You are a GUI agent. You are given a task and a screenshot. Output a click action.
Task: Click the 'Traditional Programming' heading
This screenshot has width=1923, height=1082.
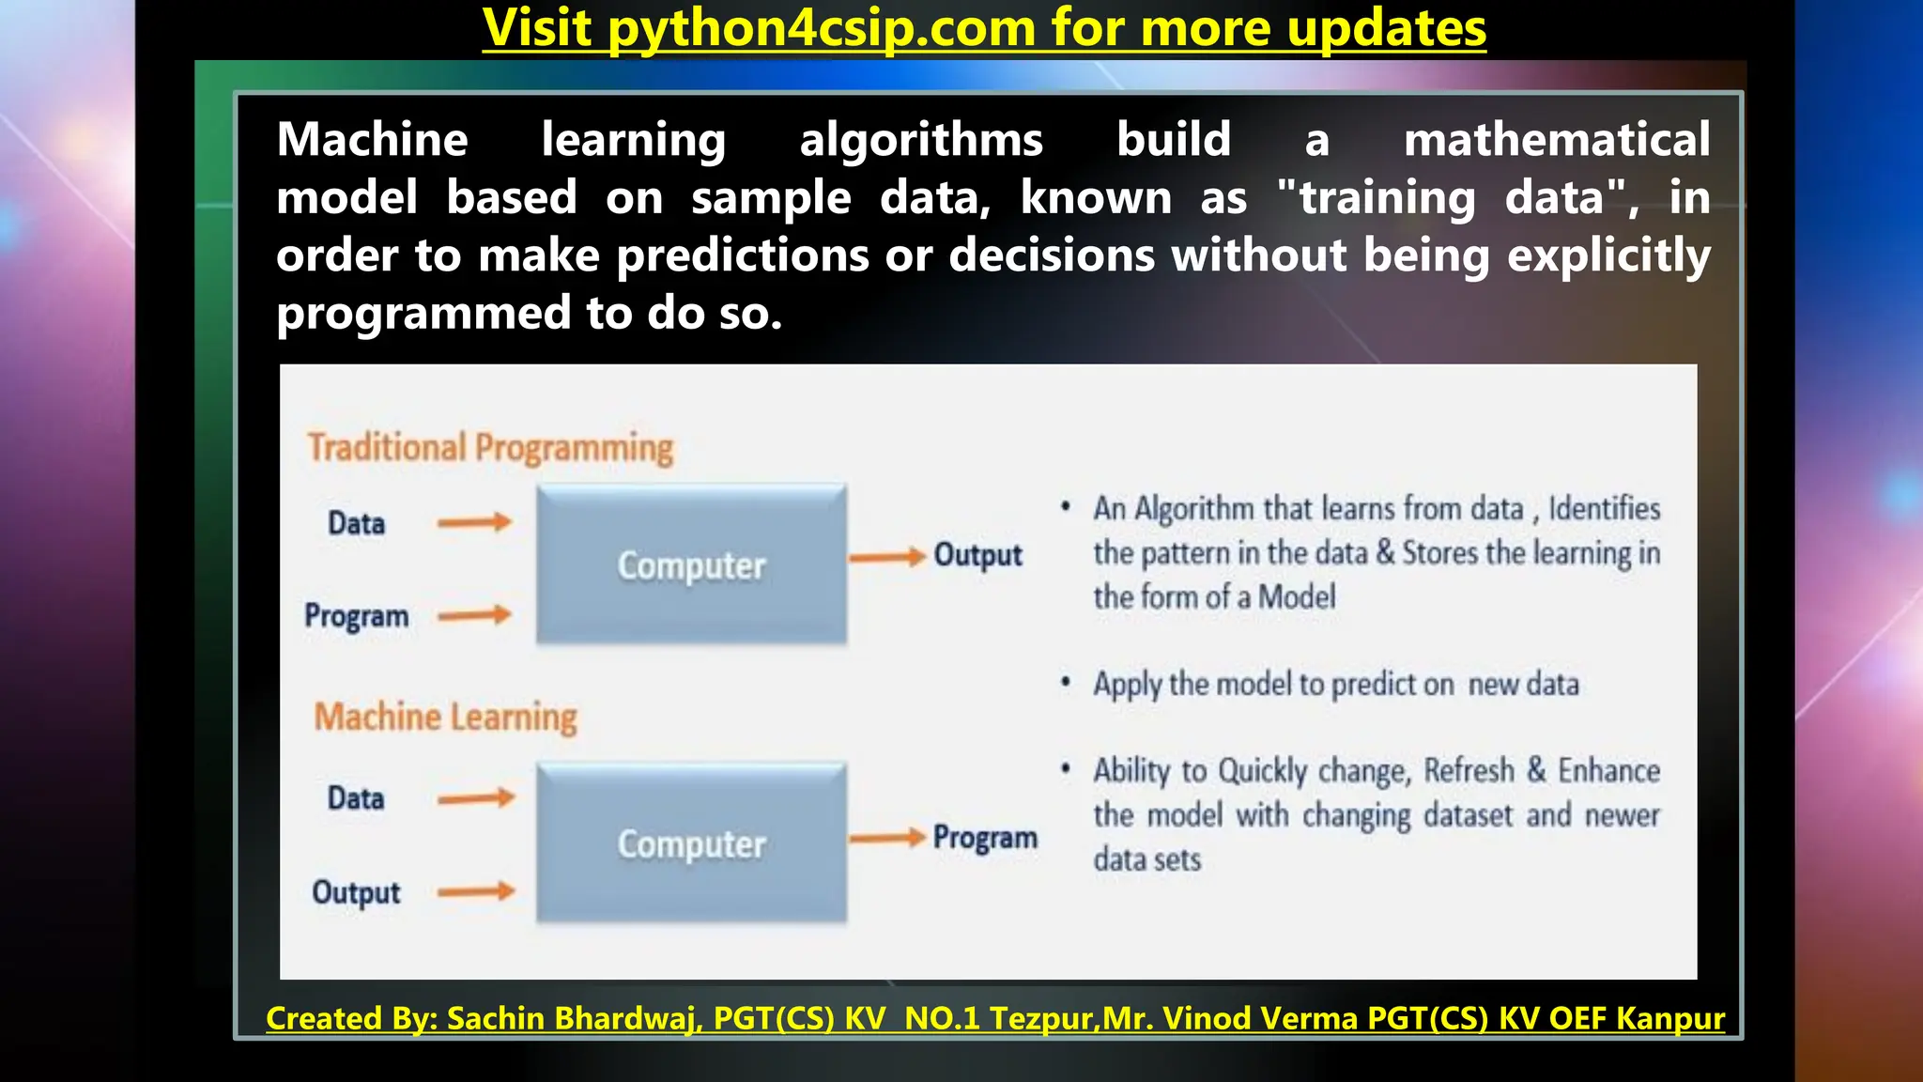(x=490, y=447)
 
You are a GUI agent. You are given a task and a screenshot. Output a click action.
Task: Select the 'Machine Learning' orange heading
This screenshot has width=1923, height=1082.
(x=445, y=717)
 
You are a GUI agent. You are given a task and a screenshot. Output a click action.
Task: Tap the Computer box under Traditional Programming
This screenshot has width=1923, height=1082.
(x=691, y=564)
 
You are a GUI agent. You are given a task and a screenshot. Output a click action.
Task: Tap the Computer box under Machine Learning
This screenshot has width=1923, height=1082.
(x=691, y=842)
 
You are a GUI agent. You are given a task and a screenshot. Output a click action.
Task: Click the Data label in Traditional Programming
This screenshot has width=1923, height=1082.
(x=356, y=523)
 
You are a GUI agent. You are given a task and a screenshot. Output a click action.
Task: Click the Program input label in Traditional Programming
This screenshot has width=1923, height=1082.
(x=356, y=616)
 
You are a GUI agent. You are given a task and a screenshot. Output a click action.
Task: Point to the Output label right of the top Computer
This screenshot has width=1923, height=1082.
(x=977, y=555)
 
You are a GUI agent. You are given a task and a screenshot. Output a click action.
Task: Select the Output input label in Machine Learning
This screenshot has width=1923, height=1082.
(x=356, y=891)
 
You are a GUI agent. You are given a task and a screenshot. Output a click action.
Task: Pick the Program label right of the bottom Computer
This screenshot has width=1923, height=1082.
(x=985, y=837)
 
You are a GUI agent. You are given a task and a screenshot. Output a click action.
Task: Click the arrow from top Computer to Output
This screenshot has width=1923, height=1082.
(x=887, y=557)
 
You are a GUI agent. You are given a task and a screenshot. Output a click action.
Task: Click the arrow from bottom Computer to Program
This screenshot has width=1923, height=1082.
(x=887, y=838)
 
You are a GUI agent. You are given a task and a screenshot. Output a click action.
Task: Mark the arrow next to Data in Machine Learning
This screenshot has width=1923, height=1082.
(x=476, y=798)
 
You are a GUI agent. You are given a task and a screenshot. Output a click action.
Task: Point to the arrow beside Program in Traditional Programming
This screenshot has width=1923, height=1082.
(x=474, y=615)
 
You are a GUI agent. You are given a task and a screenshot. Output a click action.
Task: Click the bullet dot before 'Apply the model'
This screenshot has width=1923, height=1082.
(x=1065, y=682)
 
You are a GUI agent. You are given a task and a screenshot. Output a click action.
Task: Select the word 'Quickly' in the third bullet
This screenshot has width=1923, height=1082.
(x=1263, y=771)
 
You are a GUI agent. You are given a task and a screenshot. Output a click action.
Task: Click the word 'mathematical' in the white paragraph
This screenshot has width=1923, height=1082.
(x=1556, y=140)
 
